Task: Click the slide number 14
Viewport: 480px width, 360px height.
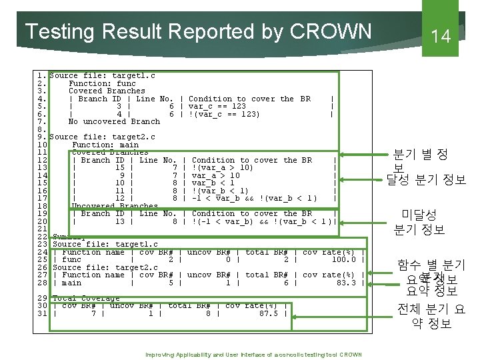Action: (441, 36)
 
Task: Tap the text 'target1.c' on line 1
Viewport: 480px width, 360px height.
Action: (133, 76)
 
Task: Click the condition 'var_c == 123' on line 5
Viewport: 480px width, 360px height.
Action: (217, 106)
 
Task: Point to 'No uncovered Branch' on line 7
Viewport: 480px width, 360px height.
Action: (114, 121)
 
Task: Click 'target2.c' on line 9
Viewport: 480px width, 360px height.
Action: (133, 137)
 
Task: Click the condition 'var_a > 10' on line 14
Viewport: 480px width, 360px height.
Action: (215, 175)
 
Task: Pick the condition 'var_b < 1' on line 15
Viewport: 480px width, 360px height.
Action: (213, 183)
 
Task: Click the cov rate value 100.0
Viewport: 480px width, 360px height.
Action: (344, 259)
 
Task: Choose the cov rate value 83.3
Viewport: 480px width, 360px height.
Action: (347, 283)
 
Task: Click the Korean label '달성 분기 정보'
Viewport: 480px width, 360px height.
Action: (426, 180)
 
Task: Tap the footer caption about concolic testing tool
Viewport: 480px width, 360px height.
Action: (253, 355)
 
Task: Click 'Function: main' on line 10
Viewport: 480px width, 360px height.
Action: (105, 145)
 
